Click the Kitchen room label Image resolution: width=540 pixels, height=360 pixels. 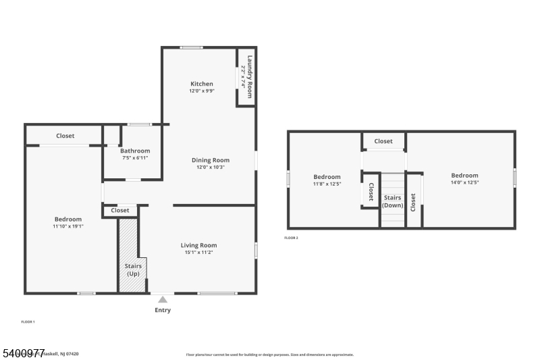point(201,84)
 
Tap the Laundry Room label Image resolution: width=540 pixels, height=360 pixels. point(250,76)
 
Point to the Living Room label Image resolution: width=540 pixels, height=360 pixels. point(198,245)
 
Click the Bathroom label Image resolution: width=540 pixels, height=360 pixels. point(135,151)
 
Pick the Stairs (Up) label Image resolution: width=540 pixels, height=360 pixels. point(133,270)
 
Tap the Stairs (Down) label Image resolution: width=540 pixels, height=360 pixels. point(393,201)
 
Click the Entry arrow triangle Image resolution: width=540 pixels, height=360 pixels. point(163,299)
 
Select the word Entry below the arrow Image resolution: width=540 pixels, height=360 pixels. point(163,310)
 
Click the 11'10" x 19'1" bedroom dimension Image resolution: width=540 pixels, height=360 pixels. point(67,227)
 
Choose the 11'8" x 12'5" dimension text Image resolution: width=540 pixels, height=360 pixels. point(327,184)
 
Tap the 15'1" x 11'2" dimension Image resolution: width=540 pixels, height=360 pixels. point(198,253)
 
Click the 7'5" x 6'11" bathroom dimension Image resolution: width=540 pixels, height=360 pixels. point(135,157)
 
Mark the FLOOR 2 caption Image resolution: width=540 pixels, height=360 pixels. point(291,238)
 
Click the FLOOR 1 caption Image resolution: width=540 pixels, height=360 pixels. point(28,322)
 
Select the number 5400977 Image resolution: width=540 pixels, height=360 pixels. point(23,353)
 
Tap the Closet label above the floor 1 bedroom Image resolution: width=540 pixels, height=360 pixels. point(65,136)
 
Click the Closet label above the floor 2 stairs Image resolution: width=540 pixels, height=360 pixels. point(383,141)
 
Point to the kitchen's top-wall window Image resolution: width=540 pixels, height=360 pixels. point(191,47)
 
